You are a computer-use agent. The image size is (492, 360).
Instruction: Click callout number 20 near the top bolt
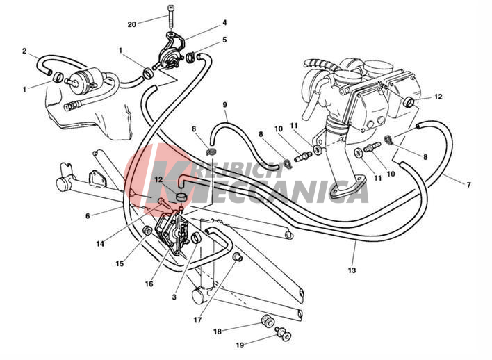132,24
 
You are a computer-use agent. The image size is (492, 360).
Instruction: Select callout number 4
224,23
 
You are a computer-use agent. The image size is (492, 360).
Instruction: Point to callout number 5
224,40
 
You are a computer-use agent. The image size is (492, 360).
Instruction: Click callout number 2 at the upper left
24,51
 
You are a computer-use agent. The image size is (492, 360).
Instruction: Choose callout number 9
224,104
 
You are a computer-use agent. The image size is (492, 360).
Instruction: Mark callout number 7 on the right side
469,185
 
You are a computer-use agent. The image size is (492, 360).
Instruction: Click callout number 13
352,270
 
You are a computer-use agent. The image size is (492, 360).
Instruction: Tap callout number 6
88,216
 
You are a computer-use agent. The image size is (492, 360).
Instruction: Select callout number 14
100,243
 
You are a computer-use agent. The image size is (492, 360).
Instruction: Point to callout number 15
120,264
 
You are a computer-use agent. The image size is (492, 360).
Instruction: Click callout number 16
149,284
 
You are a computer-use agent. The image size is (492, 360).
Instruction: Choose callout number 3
174,297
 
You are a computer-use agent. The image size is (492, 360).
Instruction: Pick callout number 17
197,320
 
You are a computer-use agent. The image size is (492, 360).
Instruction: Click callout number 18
218,332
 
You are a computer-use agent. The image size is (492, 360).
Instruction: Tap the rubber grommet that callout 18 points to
268,321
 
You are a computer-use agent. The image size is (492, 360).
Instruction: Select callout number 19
240,345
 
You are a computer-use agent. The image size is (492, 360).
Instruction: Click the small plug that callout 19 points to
284,334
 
